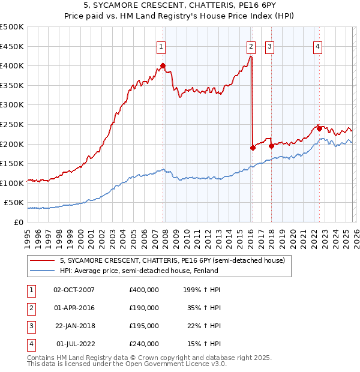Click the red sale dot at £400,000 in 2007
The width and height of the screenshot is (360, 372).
pos(163,65)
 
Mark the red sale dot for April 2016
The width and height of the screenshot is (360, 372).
pos(253,148)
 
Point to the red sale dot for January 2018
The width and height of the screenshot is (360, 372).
pos(272,145)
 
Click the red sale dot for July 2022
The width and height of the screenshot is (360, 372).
pos(319,128)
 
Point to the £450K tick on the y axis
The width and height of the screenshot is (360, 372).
pos(12,46)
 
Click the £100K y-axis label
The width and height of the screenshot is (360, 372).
pos(12,183)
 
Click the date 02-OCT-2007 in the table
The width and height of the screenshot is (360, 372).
pos(74,290)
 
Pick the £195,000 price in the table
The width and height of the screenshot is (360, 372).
pos(144,326)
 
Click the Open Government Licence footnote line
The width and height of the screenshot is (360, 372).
pos(127,364)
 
